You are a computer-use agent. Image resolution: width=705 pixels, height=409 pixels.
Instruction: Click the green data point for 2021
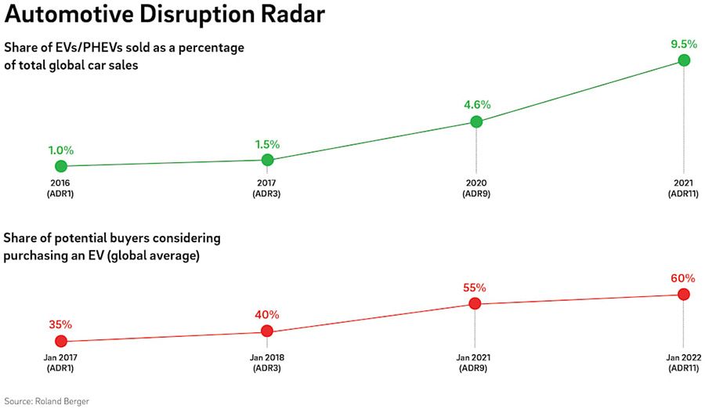(684, 60)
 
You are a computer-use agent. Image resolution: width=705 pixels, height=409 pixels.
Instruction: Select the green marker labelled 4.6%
(475, 121)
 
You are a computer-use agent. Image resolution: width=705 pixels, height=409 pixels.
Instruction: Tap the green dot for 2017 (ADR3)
(267, 160)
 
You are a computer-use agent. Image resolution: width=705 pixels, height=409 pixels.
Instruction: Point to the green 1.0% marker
(60, 166)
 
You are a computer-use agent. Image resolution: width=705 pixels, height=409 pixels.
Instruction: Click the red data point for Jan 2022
(683, 295)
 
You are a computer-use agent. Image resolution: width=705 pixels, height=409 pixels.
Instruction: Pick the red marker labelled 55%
(475, 303)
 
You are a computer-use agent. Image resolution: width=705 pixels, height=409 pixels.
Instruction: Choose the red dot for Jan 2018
(267, 331)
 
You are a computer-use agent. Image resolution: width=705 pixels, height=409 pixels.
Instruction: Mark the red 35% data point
(60, 341)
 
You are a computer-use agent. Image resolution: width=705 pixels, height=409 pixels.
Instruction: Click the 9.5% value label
(684, 44)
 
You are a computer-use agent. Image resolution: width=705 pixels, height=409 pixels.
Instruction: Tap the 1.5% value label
(267, 144)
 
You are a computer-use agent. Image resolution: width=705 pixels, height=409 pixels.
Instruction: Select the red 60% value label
(683, 278)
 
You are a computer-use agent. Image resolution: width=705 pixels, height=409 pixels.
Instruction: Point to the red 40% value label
(267, 315)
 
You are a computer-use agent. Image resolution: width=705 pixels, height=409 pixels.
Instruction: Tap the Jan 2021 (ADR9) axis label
(475, 362)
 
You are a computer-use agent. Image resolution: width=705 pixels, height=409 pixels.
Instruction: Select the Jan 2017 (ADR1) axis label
(60, 362)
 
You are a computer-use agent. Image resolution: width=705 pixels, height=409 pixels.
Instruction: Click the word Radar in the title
(287, 15)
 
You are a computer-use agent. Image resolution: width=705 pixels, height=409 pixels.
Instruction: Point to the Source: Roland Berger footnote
(46, 400)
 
